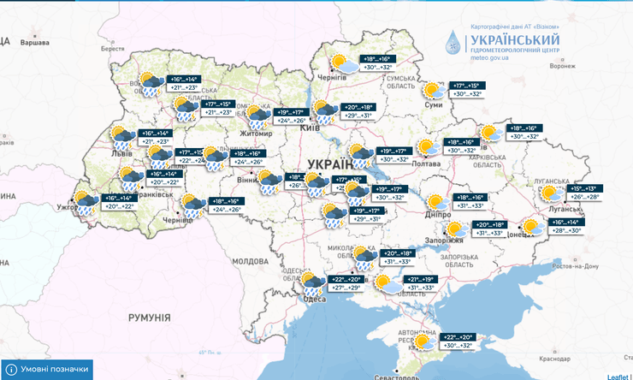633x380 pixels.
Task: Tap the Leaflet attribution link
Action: tap(618, 376)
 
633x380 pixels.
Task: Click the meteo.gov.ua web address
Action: tap(490, 60)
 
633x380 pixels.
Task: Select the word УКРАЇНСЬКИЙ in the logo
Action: tap(515, 39)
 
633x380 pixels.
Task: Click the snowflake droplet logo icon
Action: tap(451, 43)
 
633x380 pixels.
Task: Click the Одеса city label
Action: tap(314, 298)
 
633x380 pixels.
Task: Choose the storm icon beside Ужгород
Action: tap(86, 203)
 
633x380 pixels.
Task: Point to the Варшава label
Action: tap(34, 41)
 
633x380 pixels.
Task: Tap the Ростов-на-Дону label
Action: tap(574, 266)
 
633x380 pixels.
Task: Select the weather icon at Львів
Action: tap(121, 137)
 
